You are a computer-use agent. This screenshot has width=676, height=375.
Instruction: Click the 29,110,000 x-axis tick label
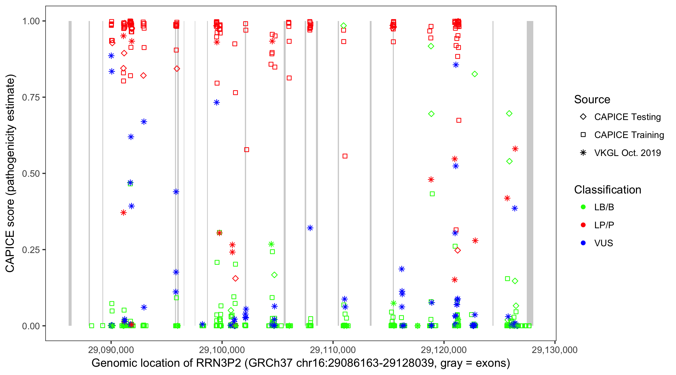(333, 350)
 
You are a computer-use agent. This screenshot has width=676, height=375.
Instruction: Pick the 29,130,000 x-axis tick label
(555, 350)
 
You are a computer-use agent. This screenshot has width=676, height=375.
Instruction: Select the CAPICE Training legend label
(629, 135)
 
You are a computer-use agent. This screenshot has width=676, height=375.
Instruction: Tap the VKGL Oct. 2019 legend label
(627, 153)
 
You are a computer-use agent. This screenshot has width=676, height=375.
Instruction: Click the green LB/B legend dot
(583, 207)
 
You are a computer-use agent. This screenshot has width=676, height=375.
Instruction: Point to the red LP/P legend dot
(583, 225)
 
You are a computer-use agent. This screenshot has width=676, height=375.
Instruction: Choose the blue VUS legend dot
(583, 243)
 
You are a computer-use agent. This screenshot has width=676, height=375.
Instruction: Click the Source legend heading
(592, 99)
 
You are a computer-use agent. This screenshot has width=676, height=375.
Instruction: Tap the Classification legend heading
(607, 190)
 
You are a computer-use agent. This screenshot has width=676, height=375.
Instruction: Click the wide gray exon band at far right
(530, 173)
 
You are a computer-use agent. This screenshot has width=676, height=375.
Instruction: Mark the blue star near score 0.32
(310, 228)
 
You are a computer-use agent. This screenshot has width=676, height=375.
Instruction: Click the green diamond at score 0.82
(474, 74)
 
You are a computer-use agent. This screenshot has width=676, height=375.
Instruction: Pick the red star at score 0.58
(515, 149)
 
